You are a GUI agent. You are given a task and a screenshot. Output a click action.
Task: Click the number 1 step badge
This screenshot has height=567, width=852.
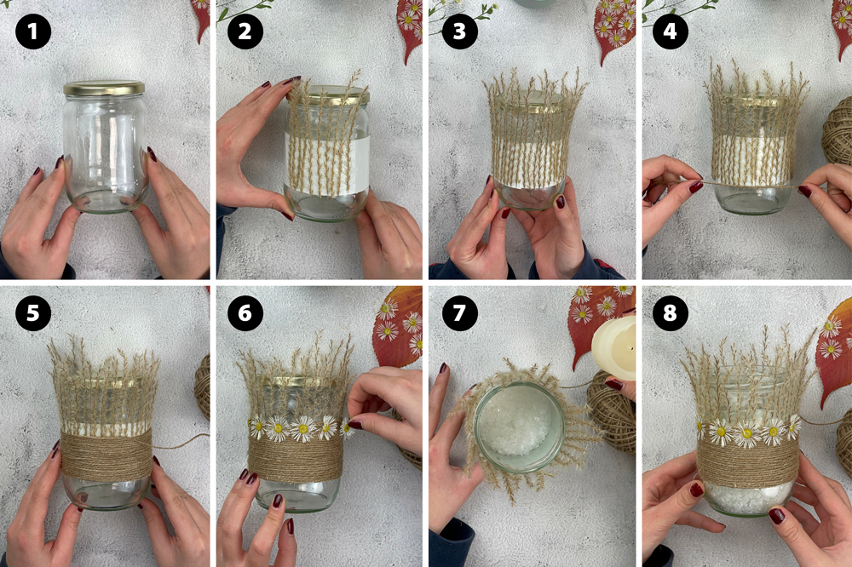pos(33,31)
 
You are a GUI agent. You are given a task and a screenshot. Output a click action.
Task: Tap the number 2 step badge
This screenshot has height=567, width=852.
pos(245,31)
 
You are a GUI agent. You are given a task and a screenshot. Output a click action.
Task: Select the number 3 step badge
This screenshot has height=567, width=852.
pos(460,31)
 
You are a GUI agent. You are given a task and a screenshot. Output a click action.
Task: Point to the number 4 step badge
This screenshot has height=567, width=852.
pos(670,31)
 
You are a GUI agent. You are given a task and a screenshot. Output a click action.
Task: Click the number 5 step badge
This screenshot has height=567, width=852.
pos(33,312)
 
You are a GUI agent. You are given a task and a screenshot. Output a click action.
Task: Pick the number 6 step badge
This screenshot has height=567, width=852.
pos(245,312)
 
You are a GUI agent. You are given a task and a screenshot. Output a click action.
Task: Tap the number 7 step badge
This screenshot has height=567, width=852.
pos(460,312)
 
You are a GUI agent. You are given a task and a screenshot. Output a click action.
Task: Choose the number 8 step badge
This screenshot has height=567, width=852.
pos(670,312)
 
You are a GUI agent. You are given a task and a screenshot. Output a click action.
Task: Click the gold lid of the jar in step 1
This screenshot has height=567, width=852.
pos(104,88)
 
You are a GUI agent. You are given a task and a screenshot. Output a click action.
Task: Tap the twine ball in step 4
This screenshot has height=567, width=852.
pos(838,131)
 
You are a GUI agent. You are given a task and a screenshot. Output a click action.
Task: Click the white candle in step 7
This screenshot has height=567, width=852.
pos(614,347)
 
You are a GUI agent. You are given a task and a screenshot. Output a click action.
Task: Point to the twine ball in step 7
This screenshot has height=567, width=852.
pos(613,413)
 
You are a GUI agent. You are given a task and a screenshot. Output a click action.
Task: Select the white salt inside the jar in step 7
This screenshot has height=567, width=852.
pos(519,427)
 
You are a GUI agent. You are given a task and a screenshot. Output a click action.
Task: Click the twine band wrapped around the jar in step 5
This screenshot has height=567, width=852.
pos(106,457)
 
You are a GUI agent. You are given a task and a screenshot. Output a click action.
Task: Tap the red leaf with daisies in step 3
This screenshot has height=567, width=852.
pos(613,27)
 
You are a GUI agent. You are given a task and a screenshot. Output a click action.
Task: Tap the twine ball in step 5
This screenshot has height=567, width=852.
pos(203,386)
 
